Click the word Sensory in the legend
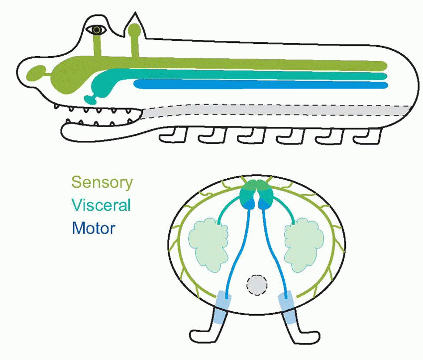point(102,182)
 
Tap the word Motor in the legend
point(94,229)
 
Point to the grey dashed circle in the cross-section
point(257,285)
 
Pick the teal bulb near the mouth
point(91,99)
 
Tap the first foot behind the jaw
point(174,135)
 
